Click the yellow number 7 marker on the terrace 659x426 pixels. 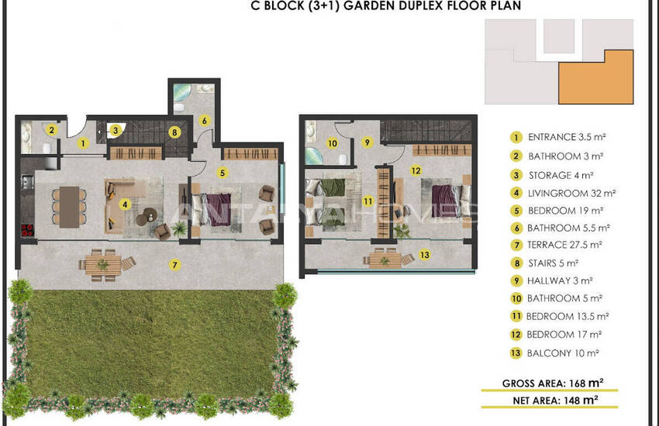coord(175,265)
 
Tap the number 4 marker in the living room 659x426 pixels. coord(125,204)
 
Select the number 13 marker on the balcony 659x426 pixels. coord(425,255)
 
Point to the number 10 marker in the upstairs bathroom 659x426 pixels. coord(332,143)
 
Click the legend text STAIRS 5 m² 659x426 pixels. coord(553,263)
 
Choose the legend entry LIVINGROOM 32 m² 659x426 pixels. coord(571,193)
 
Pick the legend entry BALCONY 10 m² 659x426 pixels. coord(563,353)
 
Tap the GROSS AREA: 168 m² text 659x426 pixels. coord(553,383)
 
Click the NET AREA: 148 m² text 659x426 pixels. coord(555,400)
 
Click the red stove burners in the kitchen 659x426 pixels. coord(27,230)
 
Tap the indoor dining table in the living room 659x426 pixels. coord(69,207)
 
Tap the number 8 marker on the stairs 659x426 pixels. coord(174,132)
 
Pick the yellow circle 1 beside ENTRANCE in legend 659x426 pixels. coord(516,137)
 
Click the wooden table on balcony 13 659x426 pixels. coord(385,259)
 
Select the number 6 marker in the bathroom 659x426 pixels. coord(204,121)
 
